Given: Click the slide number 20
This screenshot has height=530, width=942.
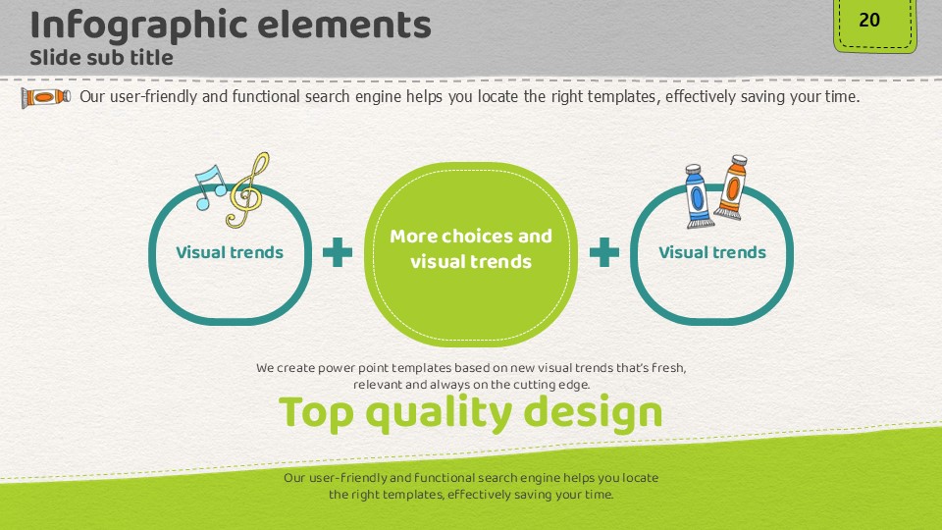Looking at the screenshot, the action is click(869, 20).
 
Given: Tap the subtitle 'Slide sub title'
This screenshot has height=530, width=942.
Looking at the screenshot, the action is click(101, 58).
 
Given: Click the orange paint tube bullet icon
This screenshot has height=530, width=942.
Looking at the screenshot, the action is click(46, 97).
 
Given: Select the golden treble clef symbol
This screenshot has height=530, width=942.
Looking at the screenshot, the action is click(247, 190).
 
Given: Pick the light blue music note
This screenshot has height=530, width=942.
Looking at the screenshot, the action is click(210, 186).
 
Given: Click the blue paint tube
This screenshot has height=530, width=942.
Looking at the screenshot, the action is click(698, 196).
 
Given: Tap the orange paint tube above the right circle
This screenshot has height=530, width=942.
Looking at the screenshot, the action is click(731, 186).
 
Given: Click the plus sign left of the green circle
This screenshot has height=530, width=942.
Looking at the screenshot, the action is click(338, 252).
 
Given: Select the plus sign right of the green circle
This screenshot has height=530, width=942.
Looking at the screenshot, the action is click(604, 252).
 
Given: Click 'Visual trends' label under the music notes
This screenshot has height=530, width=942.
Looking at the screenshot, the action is click(230, 252).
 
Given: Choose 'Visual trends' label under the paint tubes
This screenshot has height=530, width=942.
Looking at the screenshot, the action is click(712, 252).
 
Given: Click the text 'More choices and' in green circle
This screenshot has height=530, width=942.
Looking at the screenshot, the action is click(471, 237).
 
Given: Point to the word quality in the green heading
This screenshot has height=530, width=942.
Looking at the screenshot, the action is click(439, 414).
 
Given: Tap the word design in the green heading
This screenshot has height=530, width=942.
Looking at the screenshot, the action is click(593, 414).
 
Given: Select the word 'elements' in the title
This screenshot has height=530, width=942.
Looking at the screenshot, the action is click(344, 26).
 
